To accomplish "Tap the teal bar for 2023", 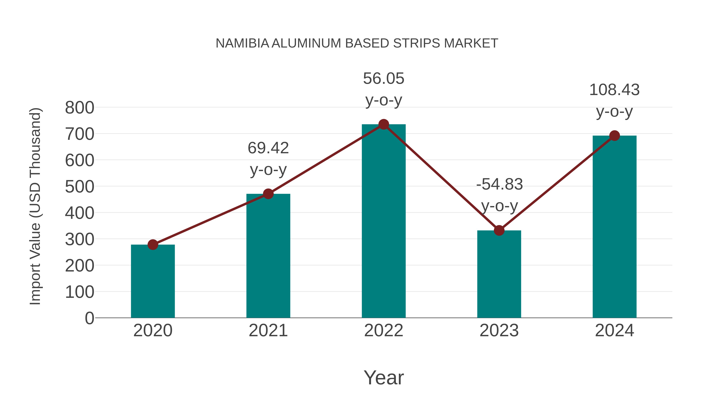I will coord(499,274).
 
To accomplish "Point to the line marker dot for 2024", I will coord(614,136).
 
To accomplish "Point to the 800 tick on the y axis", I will coord(80,108).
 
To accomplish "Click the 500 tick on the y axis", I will coord(80,187).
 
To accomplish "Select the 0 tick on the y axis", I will coord(89,318).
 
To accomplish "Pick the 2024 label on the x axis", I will coord(614,331).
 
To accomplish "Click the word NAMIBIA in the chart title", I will coord(242,43).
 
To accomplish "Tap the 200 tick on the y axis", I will coord(80,266).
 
